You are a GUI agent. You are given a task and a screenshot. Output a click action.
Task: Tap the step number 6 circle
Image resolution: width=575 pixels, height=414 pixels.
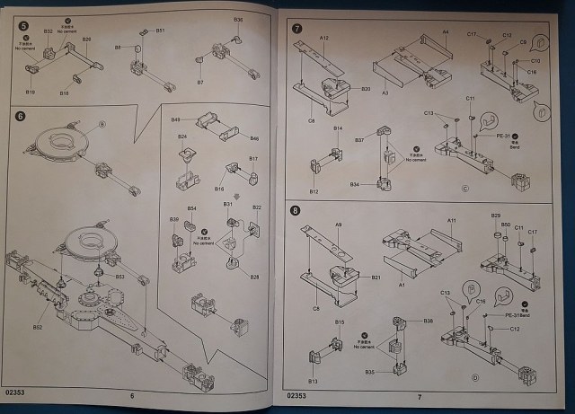(20, 116)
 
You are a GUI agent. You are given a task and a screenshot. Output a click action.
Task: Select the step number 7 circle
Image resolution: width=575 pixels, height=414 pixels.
(297, 29)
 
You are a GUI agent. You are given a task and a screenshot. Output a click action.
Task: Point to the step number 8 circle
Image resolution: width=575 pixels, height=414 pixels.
(297, 212)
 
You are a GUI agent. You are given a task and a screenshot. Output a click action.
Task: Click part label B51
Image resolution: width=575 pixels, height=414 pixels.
(160, 31)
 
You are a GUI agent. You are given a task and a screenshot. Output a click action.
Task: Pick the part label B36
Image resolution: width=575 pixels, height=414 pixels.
(238, 20)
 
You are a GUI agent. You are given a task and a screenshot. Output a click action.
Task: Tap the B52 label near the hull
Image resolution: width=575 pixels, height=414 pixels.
(38, 327)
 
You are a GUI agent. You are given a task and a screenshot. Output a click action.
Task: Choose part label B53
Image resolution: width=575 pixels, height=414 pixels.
(119, 277)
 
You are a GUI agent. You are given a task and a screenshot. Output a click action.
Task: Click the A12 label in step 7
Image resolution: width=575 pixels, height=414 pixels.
(324, 39)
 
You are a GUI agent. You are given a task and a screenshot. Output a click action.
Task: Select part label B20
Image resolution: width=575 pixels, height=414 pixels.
(366, 89)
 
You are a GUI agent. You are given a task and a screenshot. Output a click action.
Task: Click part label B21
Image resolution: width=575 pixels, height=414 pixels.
(377, 278)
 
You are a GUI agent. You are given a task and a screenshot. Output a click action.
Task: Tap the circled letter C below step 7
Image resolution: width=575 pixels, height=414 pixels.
(464, 189)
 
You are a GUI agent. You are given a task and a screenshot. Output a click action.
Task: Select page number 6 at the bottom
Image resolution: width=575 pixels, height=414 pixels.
(131, 396)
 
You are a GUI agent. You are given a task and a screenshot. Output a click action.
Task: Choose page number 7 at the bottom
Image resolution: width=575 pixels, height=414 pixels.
(419, 396)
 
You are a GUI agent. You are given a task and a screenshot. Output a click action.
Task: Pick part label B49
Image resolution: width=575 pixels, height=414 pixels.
(176, 119)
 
